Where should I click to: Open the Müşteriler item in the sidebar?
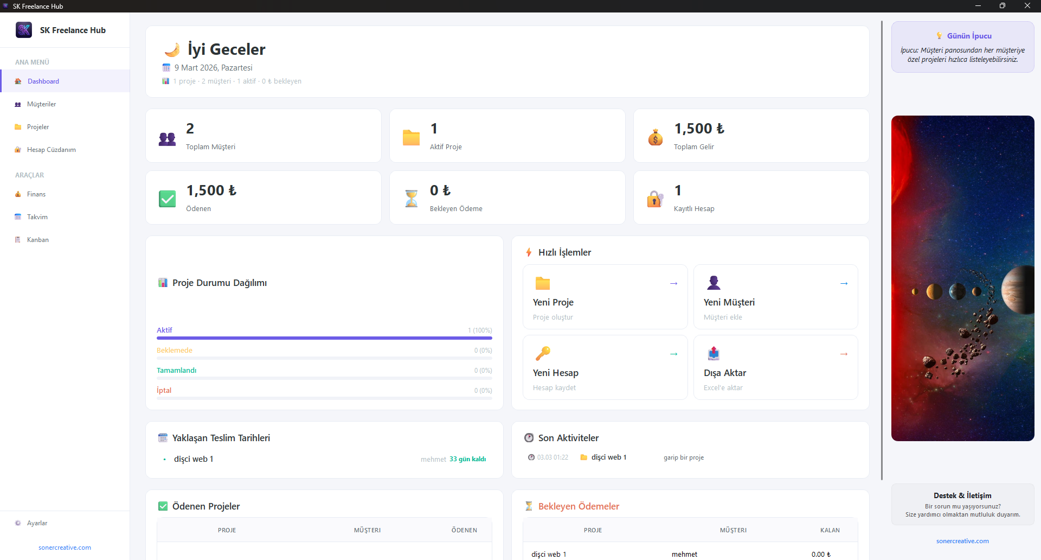coord(41,104)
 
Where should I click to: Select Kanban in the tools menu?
coord(37,240)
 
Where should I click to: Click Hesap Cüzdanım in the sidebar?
coord(51,150)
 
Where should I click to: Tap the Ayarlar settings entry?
coord(37,523)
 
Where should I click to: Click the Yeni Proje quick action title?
coord(553,302)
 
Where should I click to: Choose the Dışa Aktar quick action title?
coord(724,373)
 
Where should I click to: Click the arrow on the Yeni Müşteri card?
coord(844,283)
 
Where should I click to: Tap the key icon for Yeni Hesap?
coord(543,353)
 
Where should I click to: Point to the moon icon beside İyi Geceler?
coord(172,50)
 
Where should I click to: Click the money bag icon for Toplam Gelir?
coord(656,137)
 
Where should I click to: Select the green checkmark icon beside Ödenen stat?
coord(167,199)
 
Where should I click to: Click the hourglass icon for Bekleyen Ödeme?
coord(412,199)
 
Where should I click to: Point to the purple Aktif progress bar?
coord(324,338)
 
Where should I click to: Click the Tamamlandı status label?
coord(176,371)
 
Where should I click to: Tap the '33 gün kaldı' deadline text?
coord(467,459)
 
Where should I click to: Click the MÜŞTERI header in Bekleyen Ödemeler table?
coord(733,530)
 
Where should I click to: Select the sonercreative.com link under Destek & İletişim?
coord(962,541)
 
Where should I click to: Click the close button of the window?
coord(1027,6)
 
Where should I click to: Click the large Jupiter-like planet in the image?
coord(1019,290)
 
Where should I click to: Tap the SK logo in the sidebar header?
coord(24,30)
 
